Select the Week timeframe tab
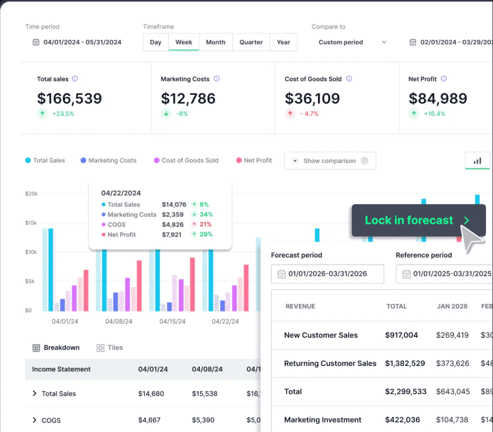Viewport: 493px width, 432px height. [184, 42]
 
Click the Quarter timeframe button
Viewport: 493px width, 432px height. [251, 42]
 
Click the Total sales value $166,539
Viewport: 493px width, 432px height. [70, 99]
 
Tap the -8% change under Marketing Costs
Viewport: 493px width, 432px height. [182, 114]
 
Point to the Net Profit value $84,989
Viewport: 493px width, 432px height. [438, 99]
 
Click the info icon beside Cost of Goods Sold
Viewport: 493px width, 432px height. [349, 79]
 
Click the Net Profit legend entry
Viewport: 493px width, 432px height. [254, 160]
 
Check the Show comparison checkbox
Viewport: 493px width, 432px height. [295, 161]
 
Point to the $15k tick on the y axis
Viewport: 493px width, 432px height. [31, 223]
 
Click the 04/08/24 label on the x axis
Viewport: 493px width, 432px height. [118, 321]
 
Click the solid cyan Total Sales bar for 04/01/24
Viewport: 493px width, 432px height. [50, 269]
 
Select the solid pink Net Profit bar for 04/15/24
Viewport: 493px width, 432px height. [192, 284]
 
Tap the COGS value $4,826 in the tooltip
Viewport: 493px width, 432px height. [173, 225]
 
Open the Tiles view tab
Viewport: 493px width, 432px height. [110, 348]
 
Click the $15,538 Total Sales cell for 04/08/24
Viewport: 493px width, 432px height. [204, 394]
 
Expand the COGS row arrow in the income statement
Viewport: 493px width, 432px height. [35, 420]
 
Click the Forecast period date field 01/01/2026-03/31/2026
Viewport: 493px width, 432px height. [327, 274]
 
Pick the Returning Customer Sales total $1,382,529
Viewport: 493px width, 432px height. [405, 364]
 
